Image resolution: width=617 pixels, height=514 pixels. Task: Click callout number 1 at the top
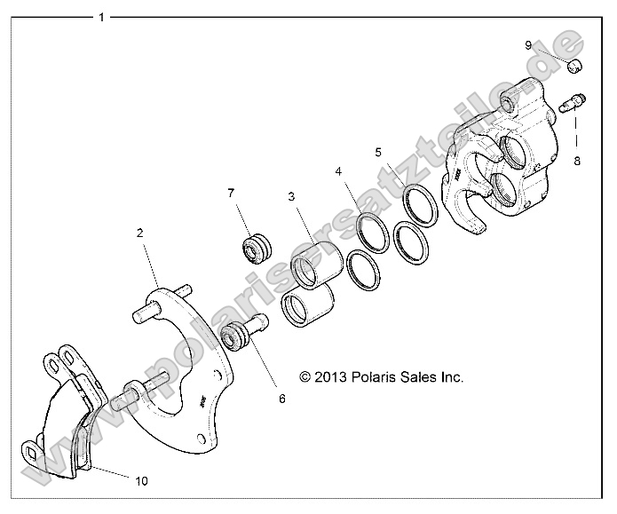tap(103, 17)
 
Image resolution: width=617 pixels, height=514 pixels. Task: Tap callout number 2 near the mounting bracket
tap(139, 233)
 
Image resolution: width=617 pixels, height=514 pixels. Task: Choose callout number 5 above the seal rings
tap(378, 152)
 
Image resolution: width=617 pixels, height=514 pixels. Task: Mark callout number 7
tap(231, 193)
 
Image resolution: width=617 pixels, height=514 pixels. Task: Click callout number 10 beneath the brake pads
tap(141, 481)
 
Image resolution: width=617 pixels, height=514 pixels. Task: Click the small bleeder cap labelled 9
tap(574, 65)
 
